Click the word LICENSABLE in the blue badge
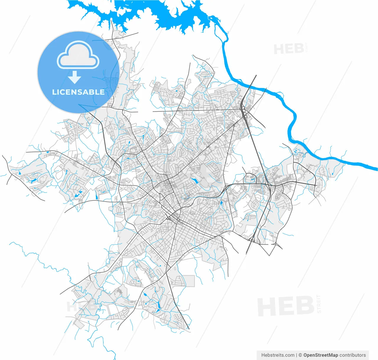78,92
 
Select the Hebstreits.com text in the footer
278,355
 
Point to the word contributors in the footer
353,355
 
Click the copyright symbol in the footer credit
300,355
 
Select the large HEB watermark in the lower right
285,306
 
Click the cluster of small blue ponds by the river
297,151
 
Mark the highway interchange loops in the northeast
245,113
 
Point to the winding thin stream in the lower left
44,263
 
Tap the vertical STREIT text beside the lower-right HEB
318,304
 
